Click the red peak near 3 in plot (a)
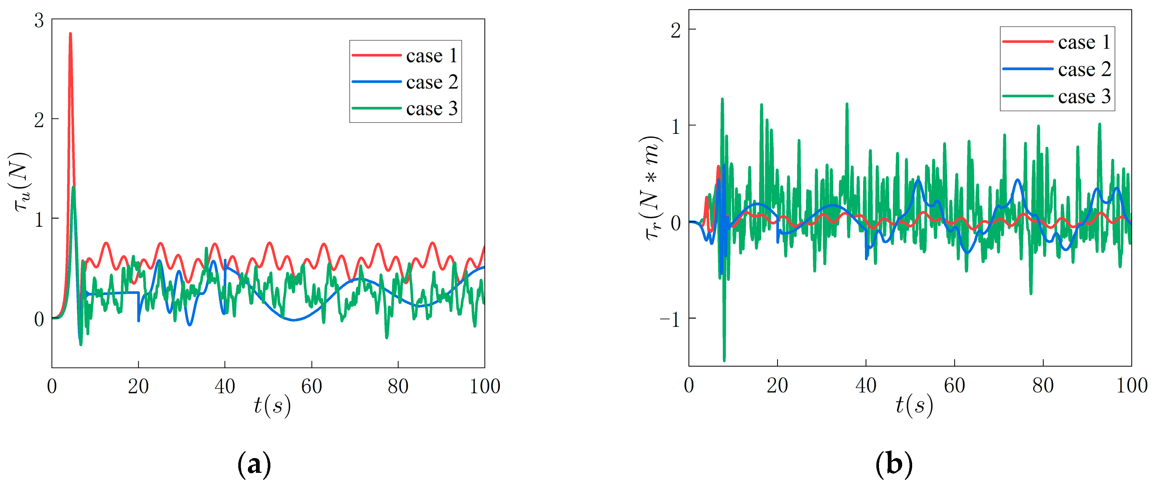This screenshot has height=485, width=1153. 70,34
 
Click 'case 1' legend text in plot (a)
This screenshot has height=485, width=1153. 432,56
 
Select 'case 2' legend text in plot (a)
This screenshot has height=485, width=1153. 432,82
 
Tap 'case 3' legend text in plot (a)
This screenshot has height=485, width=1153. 432,109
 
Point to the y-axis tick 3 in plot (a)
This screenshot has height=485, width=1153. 39,20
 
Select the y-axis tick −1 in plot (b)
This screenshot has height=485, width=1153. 671,319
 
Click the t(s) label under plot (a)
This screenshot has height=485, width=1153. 272,406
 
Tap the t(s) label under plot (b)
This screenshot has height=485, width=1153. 914,406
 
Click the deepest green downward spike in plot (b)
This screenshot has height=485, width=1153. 724,359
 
